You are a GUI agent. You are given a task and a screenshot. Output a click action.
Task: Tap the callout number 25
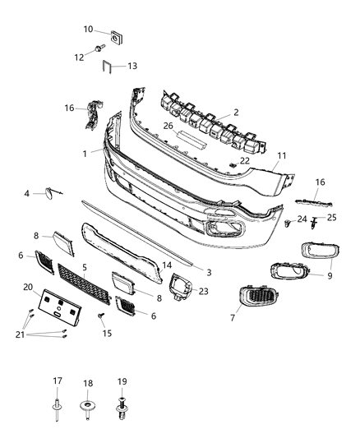coord(332,217)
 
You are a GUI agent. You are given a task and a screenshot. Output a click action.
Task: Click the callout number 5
coord(84,267)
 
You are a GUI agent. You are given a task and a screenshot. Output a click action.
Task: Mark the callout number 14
coord(167,265)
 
